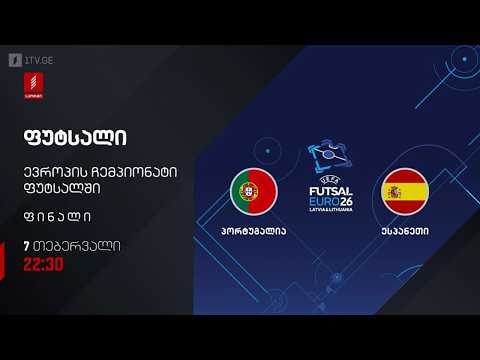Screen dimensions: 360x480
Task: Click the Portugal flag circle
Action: click(x=253, y=191)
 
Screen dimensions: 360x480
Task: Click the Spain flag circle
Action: click(x=406, y=191)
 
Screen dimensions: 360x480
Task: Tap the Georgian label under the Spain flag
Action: click(x=406, y=230)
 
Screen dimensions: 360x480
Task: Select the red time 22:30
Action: click(x=43, y=265)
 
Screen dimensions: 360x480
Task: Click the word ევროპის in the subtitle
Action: click(x=51, y=169)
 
